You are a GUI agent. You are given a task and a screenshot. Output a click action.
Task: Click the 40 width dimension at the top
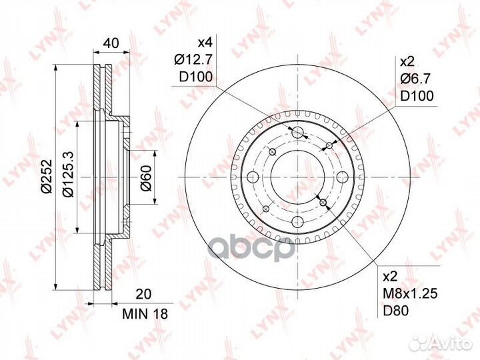click(x=111, y=43)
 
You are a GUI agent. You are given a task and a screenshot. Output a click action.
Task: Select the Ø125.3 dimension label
click(x=67, y=174)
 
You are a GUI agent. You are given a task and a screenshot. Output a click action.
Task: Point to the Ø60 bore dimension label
click(x=146, y=178)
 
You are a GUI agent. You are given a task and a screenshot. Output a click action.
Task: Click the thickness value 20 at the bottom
click(x=143, y=294)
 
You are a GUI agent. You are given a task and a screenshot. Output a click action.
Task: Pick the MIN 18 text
click(x=145, y=314)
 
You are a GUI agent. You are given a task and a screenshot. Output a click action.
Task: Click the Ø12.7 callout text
click(x=193, y=60)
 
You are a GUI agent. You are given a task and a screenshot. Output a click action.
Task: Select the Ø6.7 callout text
click(x=415, y=79)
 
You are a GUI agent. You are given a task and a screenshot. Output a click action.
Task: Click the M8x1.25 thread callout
click(x=410, y=294)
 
